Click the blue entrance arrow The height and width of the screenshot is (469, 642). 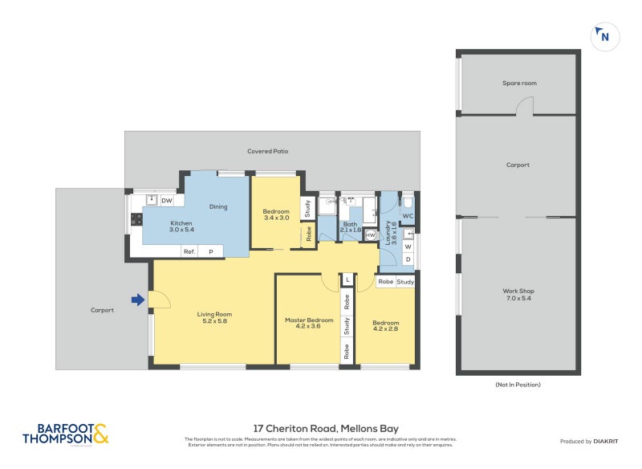pos(138,300)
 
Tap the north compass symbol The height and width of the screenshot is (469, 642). pos(603,36)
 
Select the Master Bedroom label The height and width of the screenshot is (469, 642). pos(309,320)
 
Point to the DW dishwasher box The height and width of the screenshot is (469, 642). pos(167,201)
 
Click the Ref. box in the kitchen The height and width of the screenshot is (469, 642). pos(189,251)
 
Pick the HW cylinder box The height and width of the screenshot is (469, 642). pos(370,235)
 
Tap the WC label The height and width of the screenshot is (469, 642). pos(407,217)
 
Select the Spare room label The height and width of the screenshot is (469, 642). pos(518,83)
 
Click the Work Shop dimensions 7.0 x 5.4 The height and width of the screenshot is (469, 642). pos(518,298)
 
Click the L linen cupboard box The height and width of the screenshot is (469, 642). pos(347,279)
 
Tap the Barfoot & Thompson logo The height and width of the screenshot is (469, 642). pos(65,434)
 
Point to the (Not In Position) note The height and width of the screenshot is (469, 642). pos(518,385)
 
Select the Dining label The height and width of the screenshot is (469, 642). pos(218,207)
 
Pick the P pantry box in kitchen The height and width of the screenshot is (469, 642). pos(212,251)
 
